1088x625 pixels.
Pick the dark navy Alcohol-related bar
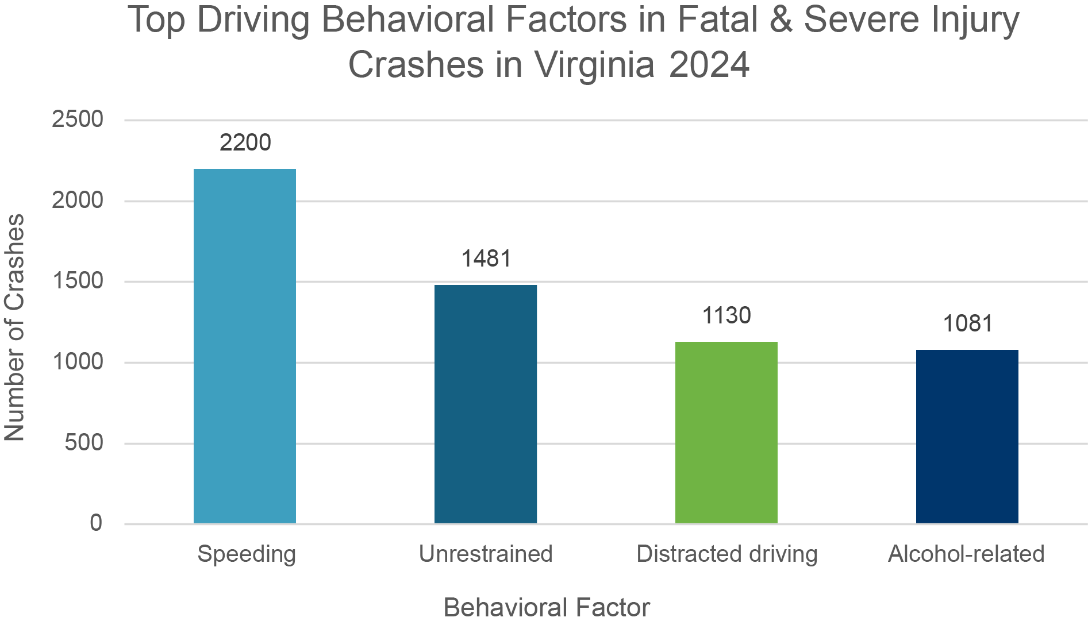[x=967, y=436]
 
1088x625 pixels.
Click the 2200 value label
[x=245, y=142]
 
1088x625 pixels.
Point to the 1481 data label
[x=486, y=259]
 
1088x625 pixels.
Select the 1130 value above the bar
[x=726, y=315]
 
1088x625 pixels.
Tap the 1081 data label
[x=967, y=323]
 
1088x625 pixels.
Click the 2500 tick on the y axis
[x=78, y=119]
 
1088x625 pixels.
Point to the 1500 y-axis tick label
[x=78, y=281]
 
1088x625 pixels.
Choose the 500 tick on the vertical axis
[x=84, y=442]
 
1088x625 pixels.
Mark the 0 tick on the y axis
[x=96, y=523]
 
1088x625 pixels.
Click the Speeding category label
[x=247, y=554]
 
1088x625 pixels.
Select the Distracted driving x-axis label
[x=727, y=554]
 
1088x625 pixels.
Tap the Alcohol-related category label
[x=966, y=554]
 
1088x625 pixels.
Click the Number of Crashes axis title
[x=15, y=327]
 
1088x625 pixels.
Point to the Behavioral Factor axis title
[x=547, y=607]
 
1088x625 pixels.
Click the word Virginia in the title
[x=594, y=64]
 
